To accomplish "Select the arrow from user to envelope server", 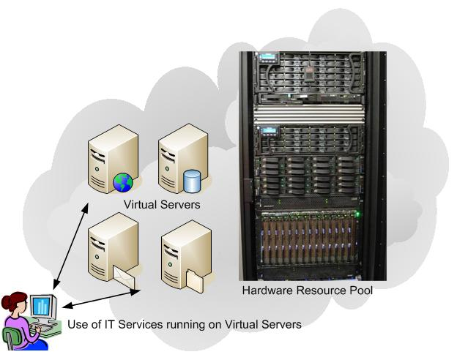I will tap(99, 298).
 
